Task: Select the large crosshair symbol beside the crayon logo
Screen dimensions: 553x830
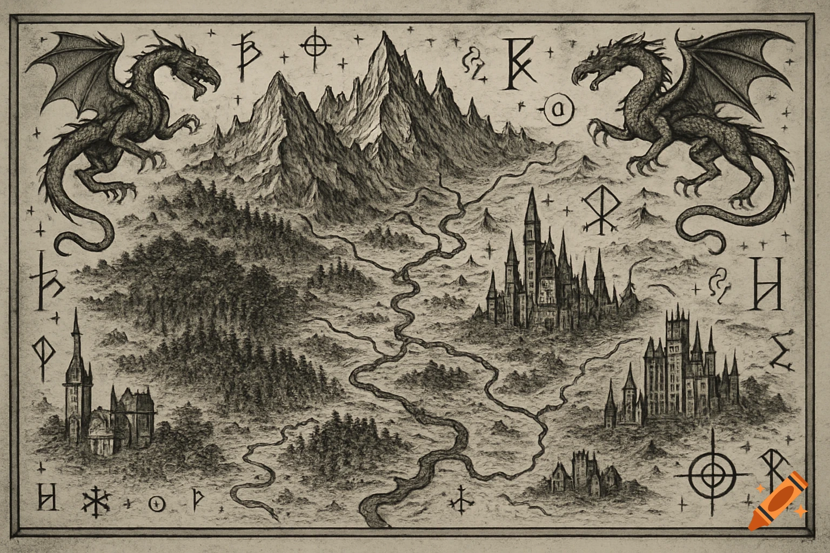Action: [x=713, y=475]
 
